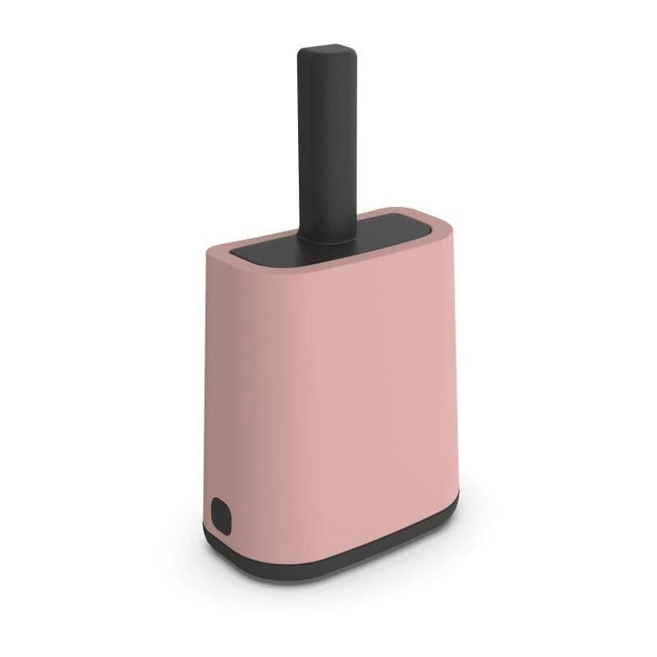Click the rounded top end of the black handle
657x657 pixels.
tap(328, 53)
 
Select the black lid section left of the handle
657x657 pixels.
tap(263, 250)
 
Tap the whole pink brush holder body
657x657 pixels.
tap(328, 394)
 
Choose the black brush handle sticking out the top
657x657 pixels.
tap(328, 148)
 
